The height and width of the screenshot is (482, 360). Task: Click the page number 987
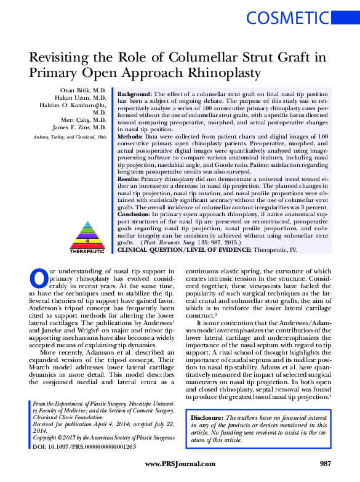point(326,464)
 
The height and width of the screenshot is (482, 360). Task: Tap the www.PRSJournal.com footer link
point(180,464)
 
